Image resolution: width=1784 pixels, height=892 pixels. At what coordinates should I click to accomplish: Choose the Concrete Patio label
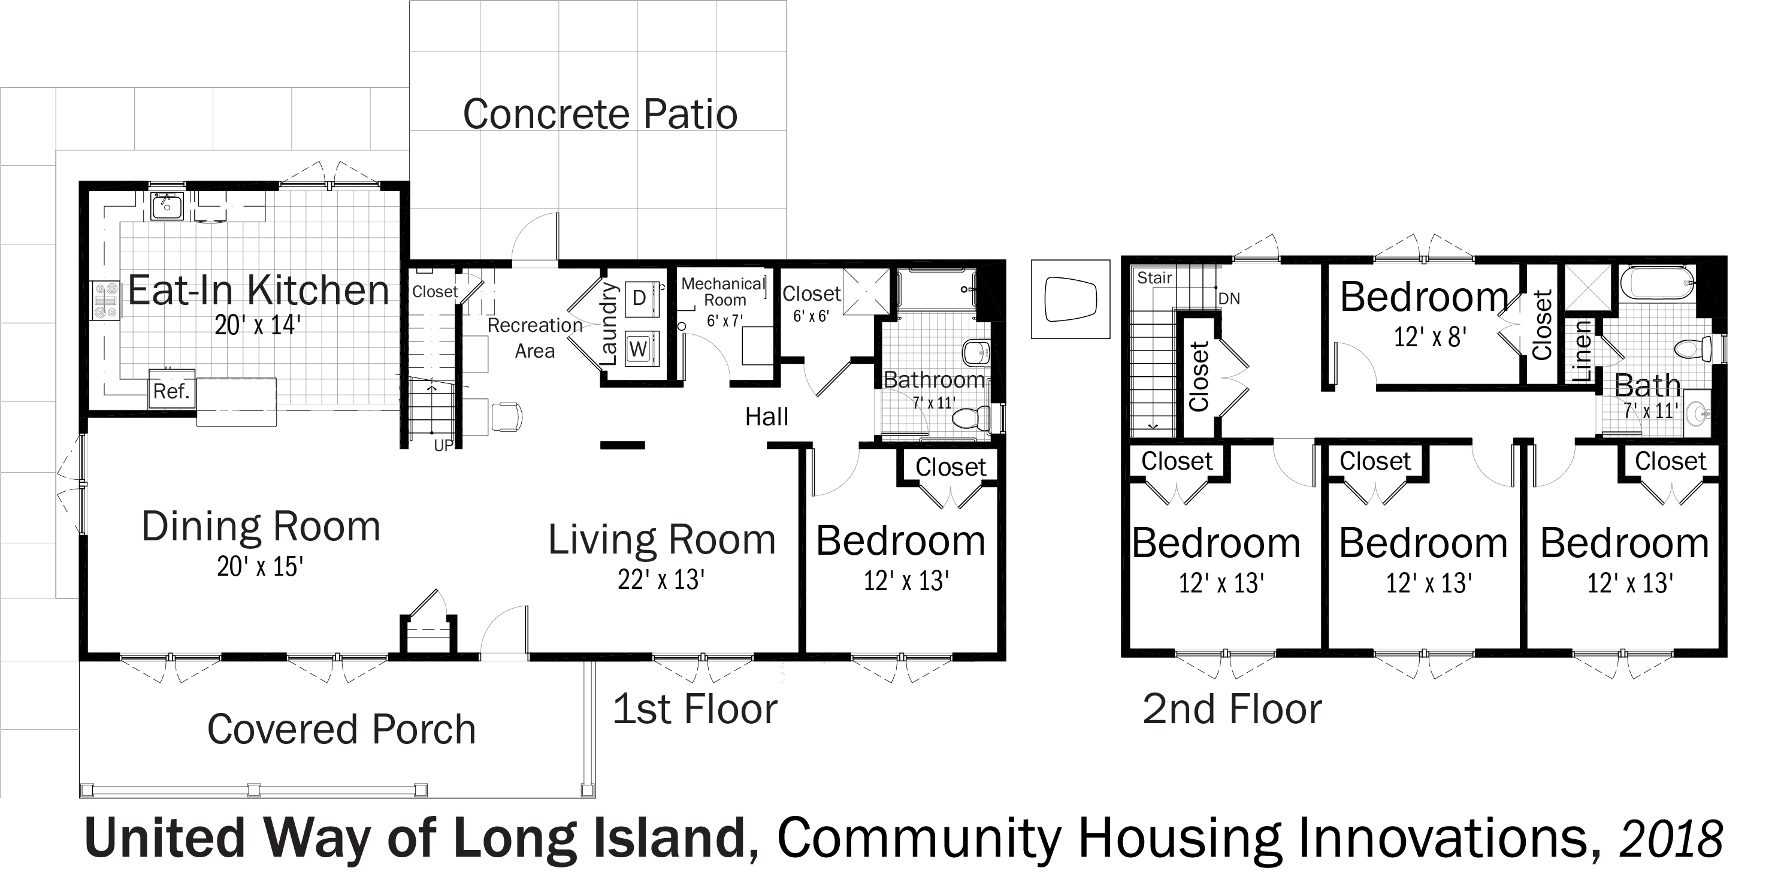(600, 114)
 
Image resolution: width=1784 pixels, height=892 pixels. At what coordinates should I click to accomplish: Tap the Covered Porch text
(341, 729)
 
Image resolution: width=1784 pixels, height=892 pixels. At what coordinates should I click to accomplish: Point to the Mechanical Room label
(723, 292)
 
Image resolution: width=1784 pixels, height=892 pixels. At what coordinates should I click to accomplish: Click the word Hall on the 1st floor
(767, 417)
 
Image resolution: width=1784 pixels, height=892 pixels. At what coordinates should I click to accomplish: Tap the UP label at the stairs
(443, 446)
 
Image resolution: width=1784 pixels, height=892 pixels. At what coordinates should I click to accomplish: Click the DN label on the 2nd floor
(1229, 298)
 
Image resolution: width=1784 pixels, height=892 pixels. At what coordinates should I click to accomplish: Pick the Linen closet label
(1582, 352)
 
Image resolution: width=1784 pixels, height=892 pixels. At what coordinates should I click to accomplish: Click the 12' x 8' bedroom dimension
(1430, 337)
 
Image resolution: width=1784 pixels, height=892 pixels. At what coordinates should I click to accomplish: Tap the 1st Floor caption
(695, 709)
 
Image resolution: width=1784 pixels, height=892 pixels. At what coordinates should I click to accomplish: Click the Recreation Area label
(534, 338)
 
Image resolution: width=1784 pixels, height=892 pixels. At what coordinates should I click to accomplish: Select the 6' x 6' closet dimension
(811, 316)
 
